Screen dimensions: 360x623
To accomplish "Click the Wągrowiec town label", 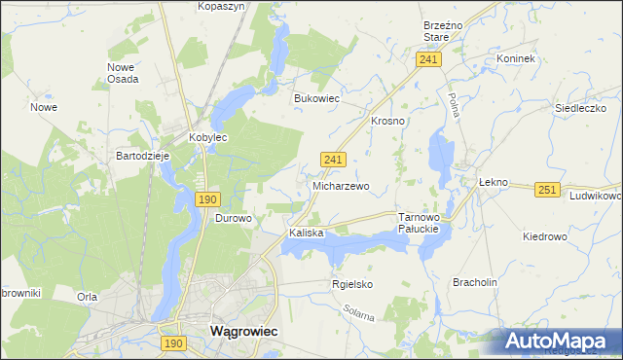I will (243, 331).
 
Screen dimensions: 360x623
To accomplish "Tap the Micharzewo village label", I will (341, 185).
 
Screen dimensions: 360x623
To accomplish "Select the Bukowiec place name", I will (316, 98).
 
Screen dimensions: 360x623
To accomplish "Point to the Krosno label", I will (387, 121).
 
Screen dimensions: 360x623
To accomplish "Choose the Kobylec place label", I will (207, 138).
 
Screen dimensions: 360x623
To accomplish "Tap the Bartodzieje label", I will (143, 156).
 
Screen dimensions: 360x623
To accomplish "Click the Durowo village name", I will (234, 219).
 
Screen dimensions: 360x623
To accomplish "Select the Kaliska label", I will (305, 234).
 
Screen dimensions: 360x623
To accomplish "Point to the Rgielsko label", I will (352, 284).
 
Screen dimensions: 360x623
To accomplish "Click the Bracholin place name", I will (475, 282).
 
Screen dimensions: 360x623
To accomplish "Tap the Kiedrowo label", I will (544, 236).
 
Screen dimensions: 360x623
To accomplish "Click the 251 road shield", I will (547, 191).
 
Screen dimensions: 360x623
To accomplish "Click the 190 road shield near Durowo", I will (206, 199).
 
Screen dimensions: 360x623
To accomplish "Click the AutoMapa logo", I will (557, 341).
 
